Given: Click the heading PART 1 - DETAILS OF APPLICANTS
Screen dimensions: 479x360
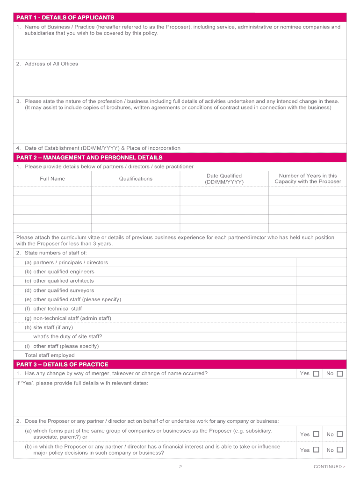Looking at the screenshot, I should point(65,18).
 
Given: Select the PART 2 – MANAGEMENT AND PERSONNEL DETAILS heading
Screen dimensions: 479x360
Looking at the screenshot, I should point(89,158).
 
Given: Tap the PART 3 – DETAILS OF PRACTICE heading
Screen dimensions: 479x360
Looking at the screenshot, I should point(62,364).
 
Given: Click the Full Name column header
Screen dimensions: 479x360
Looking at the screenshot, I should point(52,179).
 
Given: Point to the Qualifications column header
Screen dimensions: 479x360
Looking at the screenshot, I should point(136,179).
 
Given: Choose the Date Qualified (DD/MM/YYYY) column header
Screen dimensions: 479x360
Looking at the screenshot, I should point(224,179).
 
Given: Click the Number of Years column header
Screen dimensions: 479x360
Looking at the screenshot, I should point(308,179).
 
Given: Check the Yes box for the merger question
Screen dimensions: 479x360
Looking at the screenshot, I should point(316,374).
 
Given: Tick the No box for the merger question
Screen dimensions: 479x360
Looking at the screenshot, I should point(340,374).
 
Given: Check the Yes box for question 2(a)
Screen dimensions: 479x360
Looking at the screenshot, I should point(316,434).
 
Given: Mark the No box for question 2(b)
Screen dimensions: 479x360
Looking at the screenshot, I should point(340,450).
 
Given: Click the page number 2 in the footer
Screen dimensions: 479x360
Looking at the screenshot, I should point(180,466).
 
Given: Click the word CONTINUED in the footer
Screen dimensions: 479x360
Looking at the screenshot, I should point(328,466).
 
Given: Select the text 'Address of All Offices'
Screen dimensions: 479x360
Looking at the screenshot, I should point(51,64).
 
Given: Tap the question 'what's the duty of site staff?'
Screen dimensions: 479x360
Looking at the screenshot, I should point(67,336).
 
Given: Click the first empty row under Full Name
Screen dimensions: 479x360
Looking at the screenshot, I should point(52,191).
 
